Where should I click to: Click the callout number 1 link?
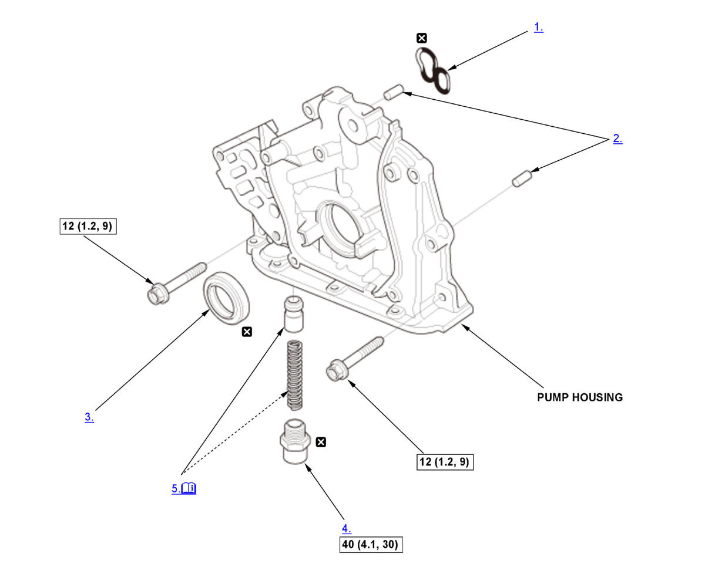tap(538, 27)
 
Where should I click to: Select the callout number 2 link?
tap(617, 139)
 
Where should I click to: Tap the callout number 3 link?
tap(89, 417)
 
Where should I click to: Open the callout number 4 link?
tap(347, 528)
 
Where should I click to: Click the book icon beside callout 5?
tap(189, 488)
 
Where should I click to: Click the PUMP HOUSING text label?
tap(579, 397)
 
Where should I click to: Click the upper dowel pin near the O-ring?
tap(392, 92)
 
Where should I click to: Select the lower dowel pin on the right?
tap(522, 178)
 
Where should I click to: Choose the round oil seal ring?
tap(226, 298)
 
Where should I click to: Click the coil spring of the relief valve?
tap(294, 375)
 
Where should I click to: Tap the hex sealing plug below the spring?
tap(294, 443)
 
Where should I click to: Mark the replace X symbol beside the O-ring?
tap(421, 39)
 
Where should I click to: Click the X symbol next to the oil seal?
tap(247, 332)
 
